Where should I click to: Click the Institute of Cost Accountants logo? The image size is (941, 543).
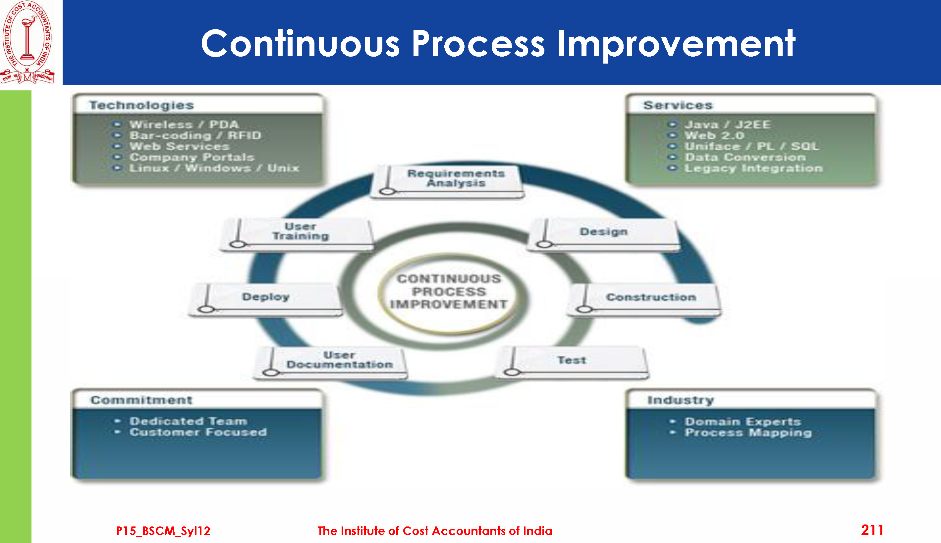pos(27,42)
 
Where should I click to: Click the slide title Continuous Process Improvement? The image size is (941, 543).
pos(498,44)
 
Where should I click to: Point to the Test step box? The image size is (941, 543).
pos(572,362)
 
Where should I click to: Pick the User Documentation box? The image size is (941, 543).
pos(331,363)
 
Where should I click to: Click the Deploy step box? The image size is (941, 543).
pos(265,299)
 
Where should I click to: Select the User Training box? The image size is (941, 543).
pos(297,234)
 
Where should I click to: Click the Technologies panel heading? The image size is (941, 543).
pos(141,105)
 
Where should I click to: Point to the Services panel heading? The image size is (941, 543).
pos(678,105)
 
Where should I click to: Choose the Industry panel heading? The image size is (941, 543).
pos(681,400)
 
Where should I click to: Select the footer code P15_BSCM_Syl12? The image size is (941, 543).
pos(163,531)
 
